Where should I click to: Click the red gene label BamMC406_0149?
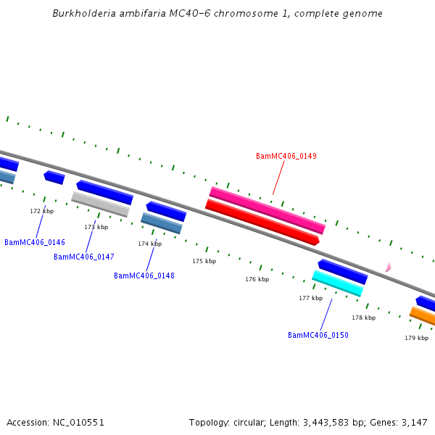286,156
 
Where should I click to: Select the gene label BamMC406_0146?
35,242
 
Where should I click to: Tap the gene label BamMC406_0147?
84,257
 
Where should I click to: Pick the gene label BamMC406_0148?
144,275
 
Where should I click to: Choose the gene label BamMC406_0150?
318,335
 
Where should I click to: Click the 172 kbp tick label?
41,211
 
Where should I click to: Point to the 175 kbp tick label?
204,261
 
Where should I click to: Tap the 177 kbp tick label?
310,298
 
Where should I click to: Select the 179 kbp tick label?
416,338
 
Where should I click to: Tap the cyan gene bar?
337,283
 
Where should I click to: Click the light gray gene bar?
100,204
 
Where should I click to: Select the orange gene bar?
423,316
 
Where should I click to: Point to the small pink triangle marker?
389,268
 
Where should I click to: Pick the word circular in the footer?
253,422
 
